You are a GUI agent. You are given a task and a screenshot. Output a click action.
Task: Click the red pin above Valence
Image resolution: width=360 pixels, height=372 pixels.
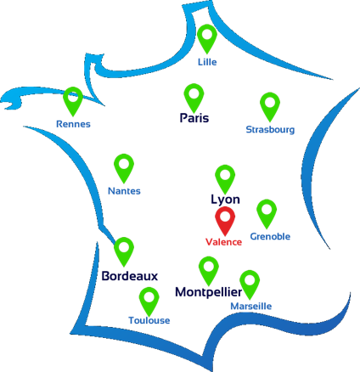pos(225,218)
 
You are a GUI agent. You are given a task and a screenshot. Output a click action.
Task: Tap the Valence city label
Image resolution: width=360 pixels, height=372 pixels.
pos(223,242)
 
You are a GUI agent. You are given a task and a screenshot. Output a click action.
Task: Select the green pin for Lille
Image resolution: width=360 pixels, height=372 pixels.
pos(207,37)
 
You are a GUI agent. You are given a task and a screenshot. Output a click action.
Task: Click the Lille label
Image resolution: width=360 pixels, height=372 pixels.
pos(207,62)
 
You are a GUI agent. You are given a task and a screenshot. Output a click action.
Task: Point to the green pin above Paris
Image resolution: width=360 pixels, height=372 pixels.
pos(194,95)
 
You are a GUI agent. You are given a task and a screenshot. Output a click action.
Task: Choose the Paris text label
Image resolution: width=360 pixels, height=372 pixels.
pos(194,118)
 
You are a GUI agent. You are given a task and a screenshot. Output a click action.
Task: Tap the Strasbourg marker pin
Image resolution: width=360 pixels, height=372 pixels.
pos(270,104)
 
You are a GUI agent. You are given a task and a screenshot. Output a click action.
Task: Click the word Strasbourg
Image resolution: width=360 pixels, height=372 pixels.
pos(270,130)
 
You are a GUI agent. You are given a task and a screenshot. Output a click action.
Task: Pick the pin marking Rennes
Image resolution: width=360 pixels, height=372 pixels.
pos(73,99)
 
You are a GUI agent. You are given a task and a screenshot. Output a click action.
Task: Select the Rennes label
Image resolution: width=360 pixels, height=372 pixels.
pos(73,124)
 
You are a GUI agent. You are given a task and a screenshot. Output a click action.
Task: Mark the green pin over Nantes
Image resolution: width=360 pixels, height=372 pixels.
pos(124,166)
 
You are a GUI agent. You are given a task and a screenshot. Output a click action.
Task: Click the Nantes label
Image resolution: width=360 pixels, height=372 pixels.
pos(124,191)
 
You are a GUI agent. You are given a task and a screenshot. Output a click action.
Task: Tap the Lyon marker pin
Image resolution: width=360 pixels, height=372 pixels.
pos(225,177)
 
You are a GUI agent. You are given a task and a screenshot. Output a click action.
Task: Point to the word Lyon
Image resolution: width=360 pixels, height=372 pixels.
pos(225,200)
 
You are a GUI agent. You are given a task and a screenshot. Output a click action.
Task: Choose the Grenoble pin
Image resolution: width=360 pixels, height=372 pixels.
pos(267,211)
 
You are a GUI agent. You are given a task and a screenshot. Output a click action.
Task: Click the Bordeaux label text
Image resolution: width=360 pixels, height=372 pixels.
pos(130,276)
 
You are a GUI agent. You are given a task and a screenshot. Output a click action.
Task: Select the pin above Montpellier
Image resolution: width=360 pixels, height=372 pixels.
pos(209,268)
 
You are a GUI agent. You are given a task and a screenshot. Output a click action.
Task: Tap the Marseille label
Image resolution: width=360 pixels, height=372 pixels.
pos(251,306)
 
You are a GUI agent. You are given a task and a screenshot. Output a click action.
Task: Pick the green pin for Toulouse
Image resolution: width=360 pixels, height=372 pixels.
pos(149,299)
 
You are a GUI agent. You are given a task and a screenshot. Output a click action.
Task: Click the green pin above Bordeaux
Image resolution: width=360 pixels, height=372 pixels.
pos(124,250)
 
